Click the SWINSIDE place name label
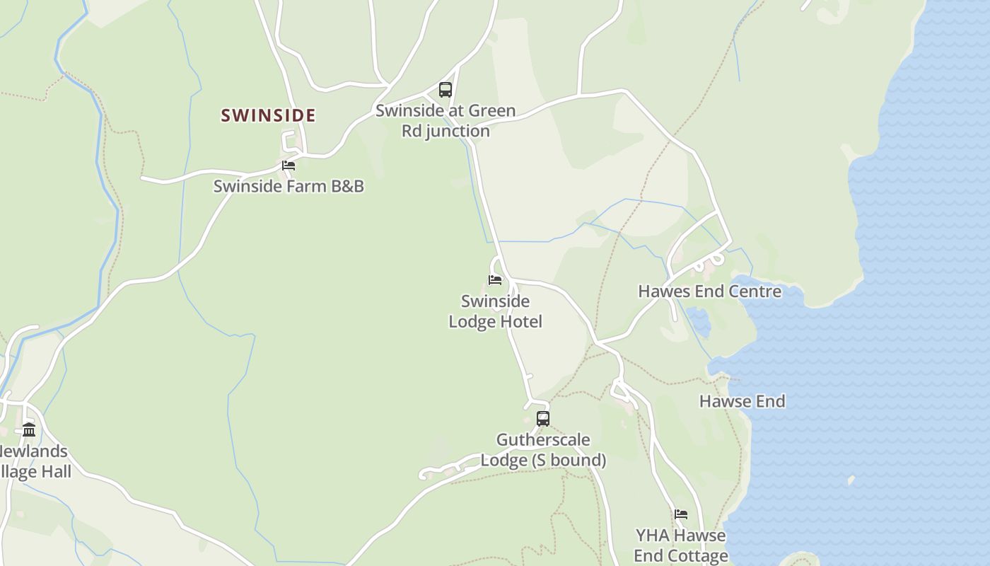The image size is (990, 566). pos(268,115)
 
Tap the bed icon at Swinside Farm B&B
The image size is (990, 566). pos(289,166)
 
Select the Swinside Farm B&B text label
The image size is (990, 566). pos(289,186)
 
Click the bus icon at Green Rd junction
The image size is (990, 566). pos(445,90)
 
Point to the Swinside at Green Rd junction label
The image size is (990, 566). pos(445,121)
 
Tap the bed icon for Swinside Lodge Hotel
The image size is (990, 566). pos(495,280)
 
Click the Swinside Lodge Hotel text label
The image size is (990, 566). pos(495,311)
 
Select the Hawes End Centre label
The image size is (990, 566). pos(709,291)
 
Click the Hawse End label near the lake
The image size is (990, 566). pos(742,401)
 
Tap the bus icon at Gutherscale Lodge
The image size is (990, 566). pos(542,418)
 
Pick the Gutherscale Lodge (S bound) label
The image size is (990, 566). pos(543,450)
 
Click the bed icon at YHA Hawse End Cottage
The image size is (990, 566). pos(681,514)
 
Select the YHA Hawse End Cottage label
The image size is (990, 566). pos(680,545)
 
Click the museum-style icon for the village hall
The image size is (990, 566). pos(29,430)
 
